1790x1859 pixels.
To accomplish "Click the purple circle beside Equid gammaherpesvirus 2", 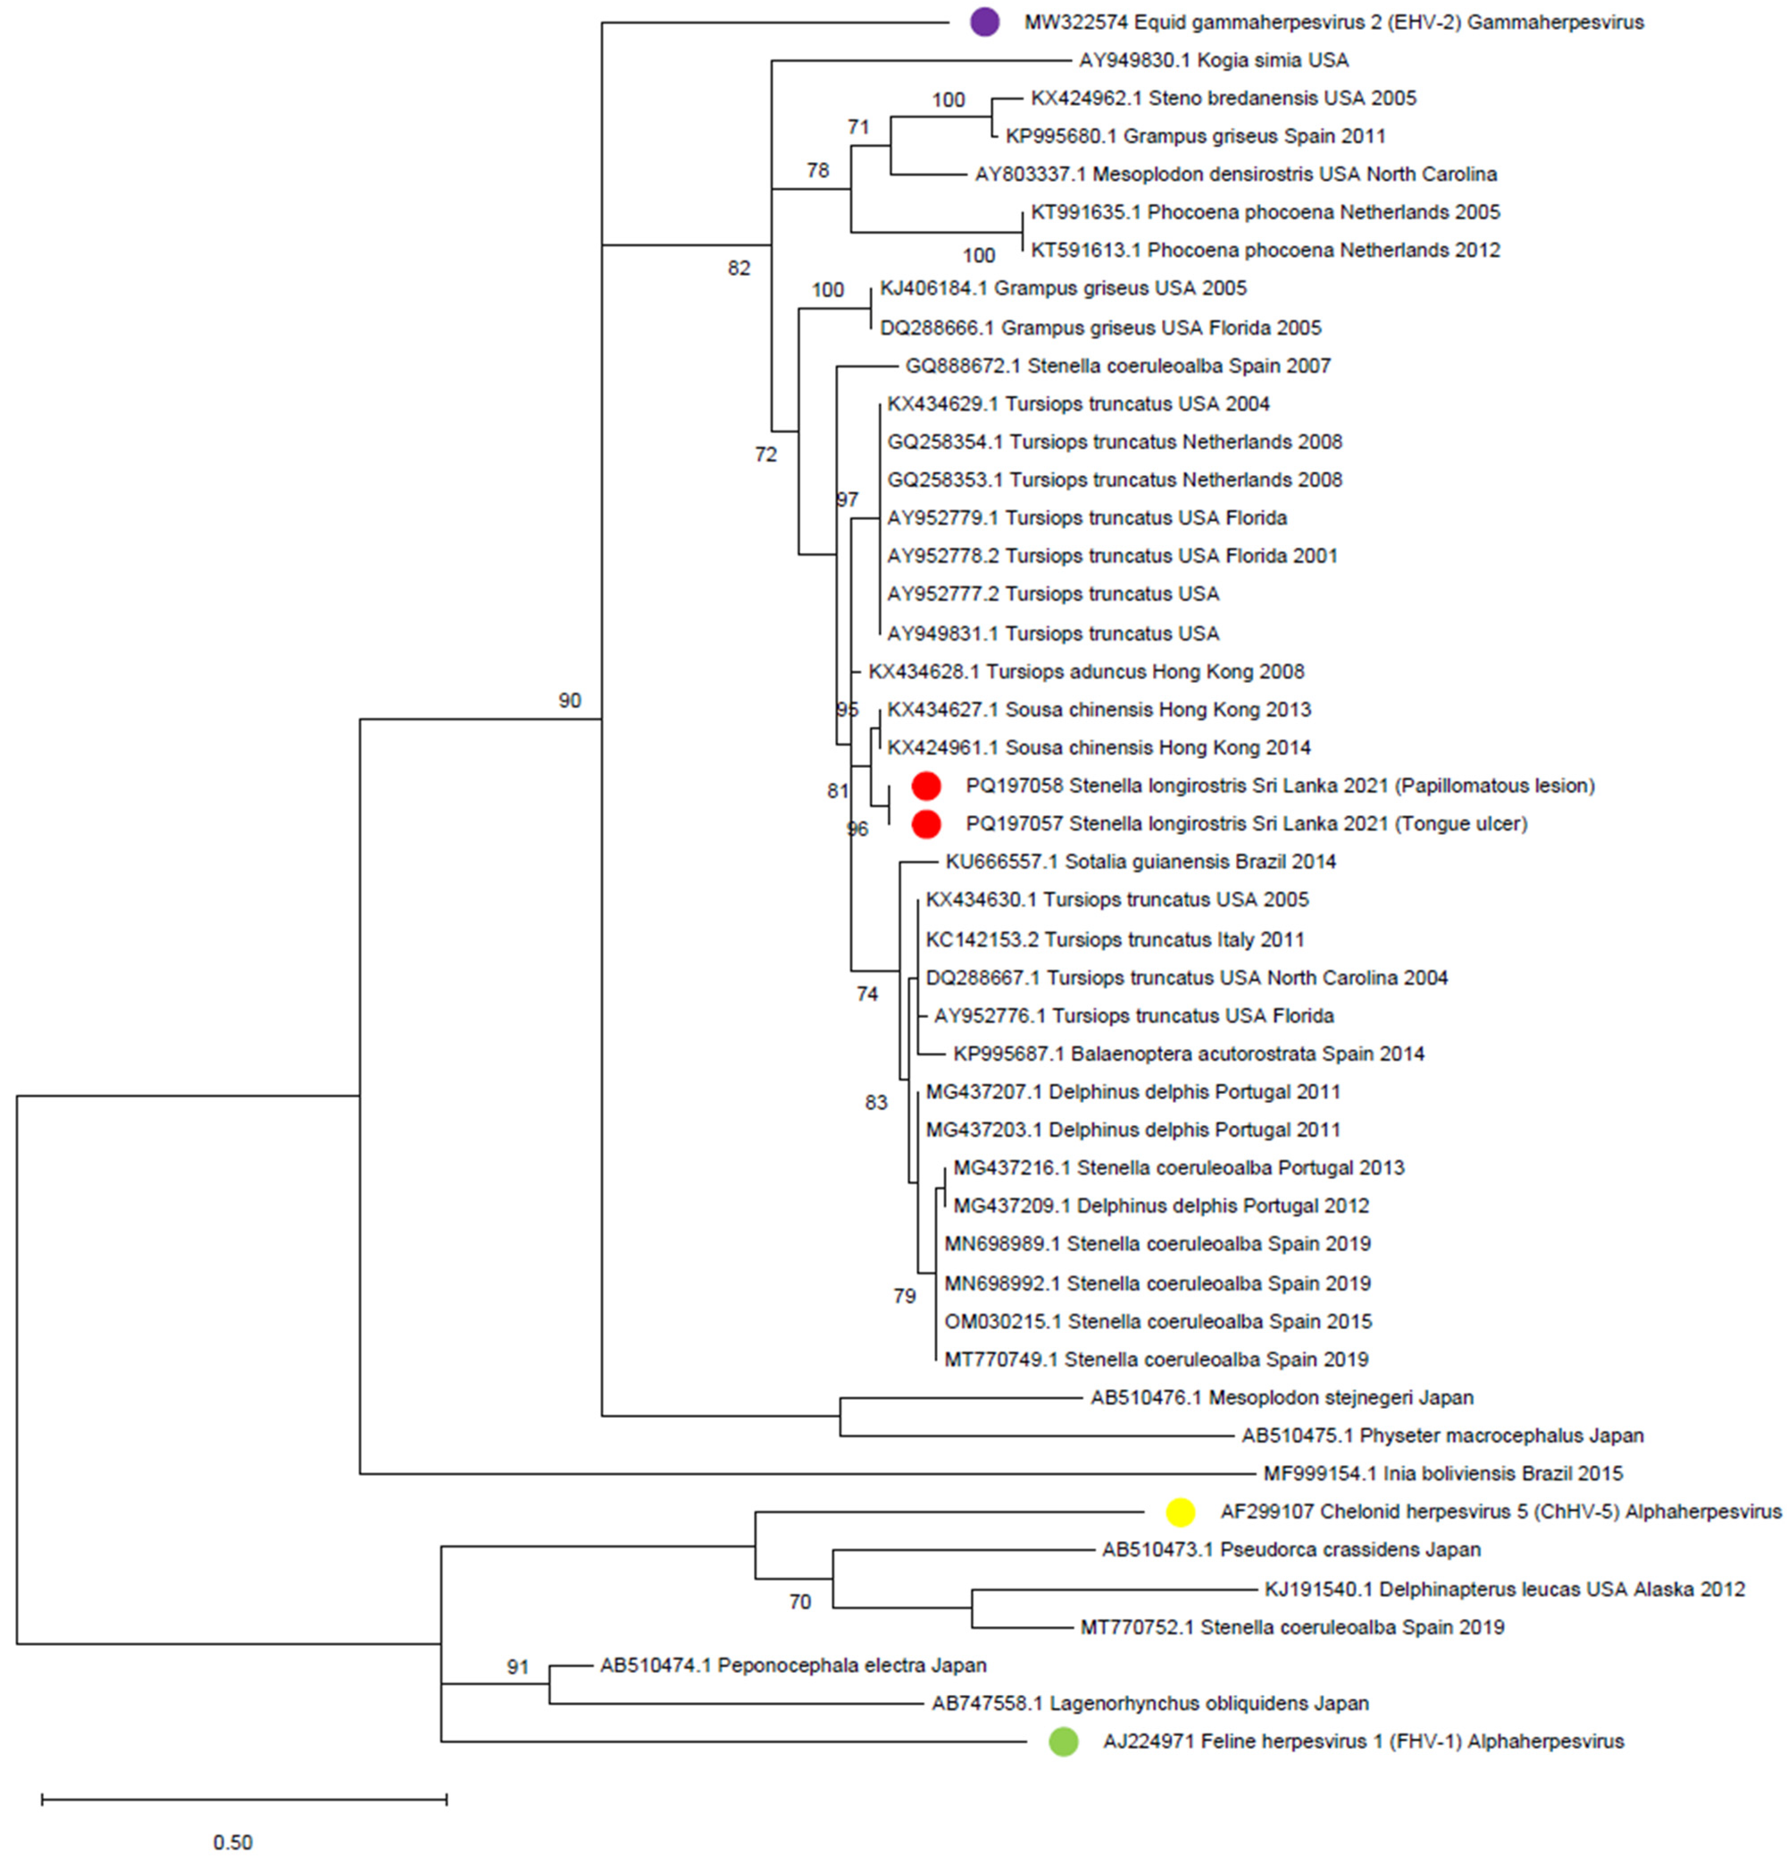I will [984, 22].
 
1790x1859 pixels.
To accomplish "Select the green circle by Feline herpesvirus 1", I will [1063, 1742].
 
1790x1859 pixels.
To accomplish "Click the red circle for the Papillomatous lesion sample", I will [925, 785].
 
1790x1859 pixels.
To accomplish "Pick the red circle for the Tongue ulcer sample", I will [925, 824].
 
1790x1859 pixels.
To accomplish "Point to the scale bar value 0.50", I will [232, 1841].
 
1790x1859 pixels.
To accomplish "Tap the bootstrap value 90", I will [569, 701].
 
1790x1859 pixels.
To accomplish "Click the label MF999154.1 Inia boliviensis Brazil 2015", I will [1443, 1474].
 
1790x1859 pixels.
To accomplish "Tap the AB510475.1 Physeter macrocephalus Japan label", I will [1442, 1436].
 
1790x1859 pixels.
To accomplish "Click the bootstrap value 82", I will [739, 268].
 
